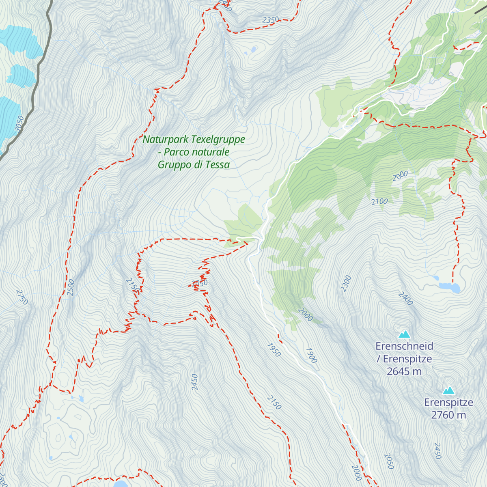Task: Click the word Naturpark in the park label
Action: point(166,140)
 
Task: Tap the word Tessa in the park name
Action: point(217,165)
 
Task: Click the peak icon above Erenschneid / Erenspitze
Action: point(404,334)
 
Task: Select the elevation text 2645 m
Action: point(404,371)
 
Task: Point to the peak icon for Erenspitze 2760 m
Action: point(448,390)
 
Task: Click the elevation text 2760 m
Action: point(448,415)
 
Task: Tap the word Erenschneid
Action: point(404,346)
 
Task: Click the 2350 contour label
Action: point(271,19)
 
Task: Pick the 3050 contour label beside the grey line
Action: point(19,124)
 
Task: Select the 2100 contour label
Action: point(379,201)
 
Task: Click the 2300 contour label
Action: point(346,283)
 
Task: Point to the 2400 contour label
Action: point(405,298)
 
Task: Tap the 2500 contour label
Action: point(71,287)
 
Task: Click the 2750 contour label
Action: point(22,297)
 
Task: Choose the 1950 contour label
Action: point(274,350)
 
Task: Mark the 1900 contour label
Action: point(311,356)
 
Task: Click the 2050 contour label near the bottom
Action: point(388,461)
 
